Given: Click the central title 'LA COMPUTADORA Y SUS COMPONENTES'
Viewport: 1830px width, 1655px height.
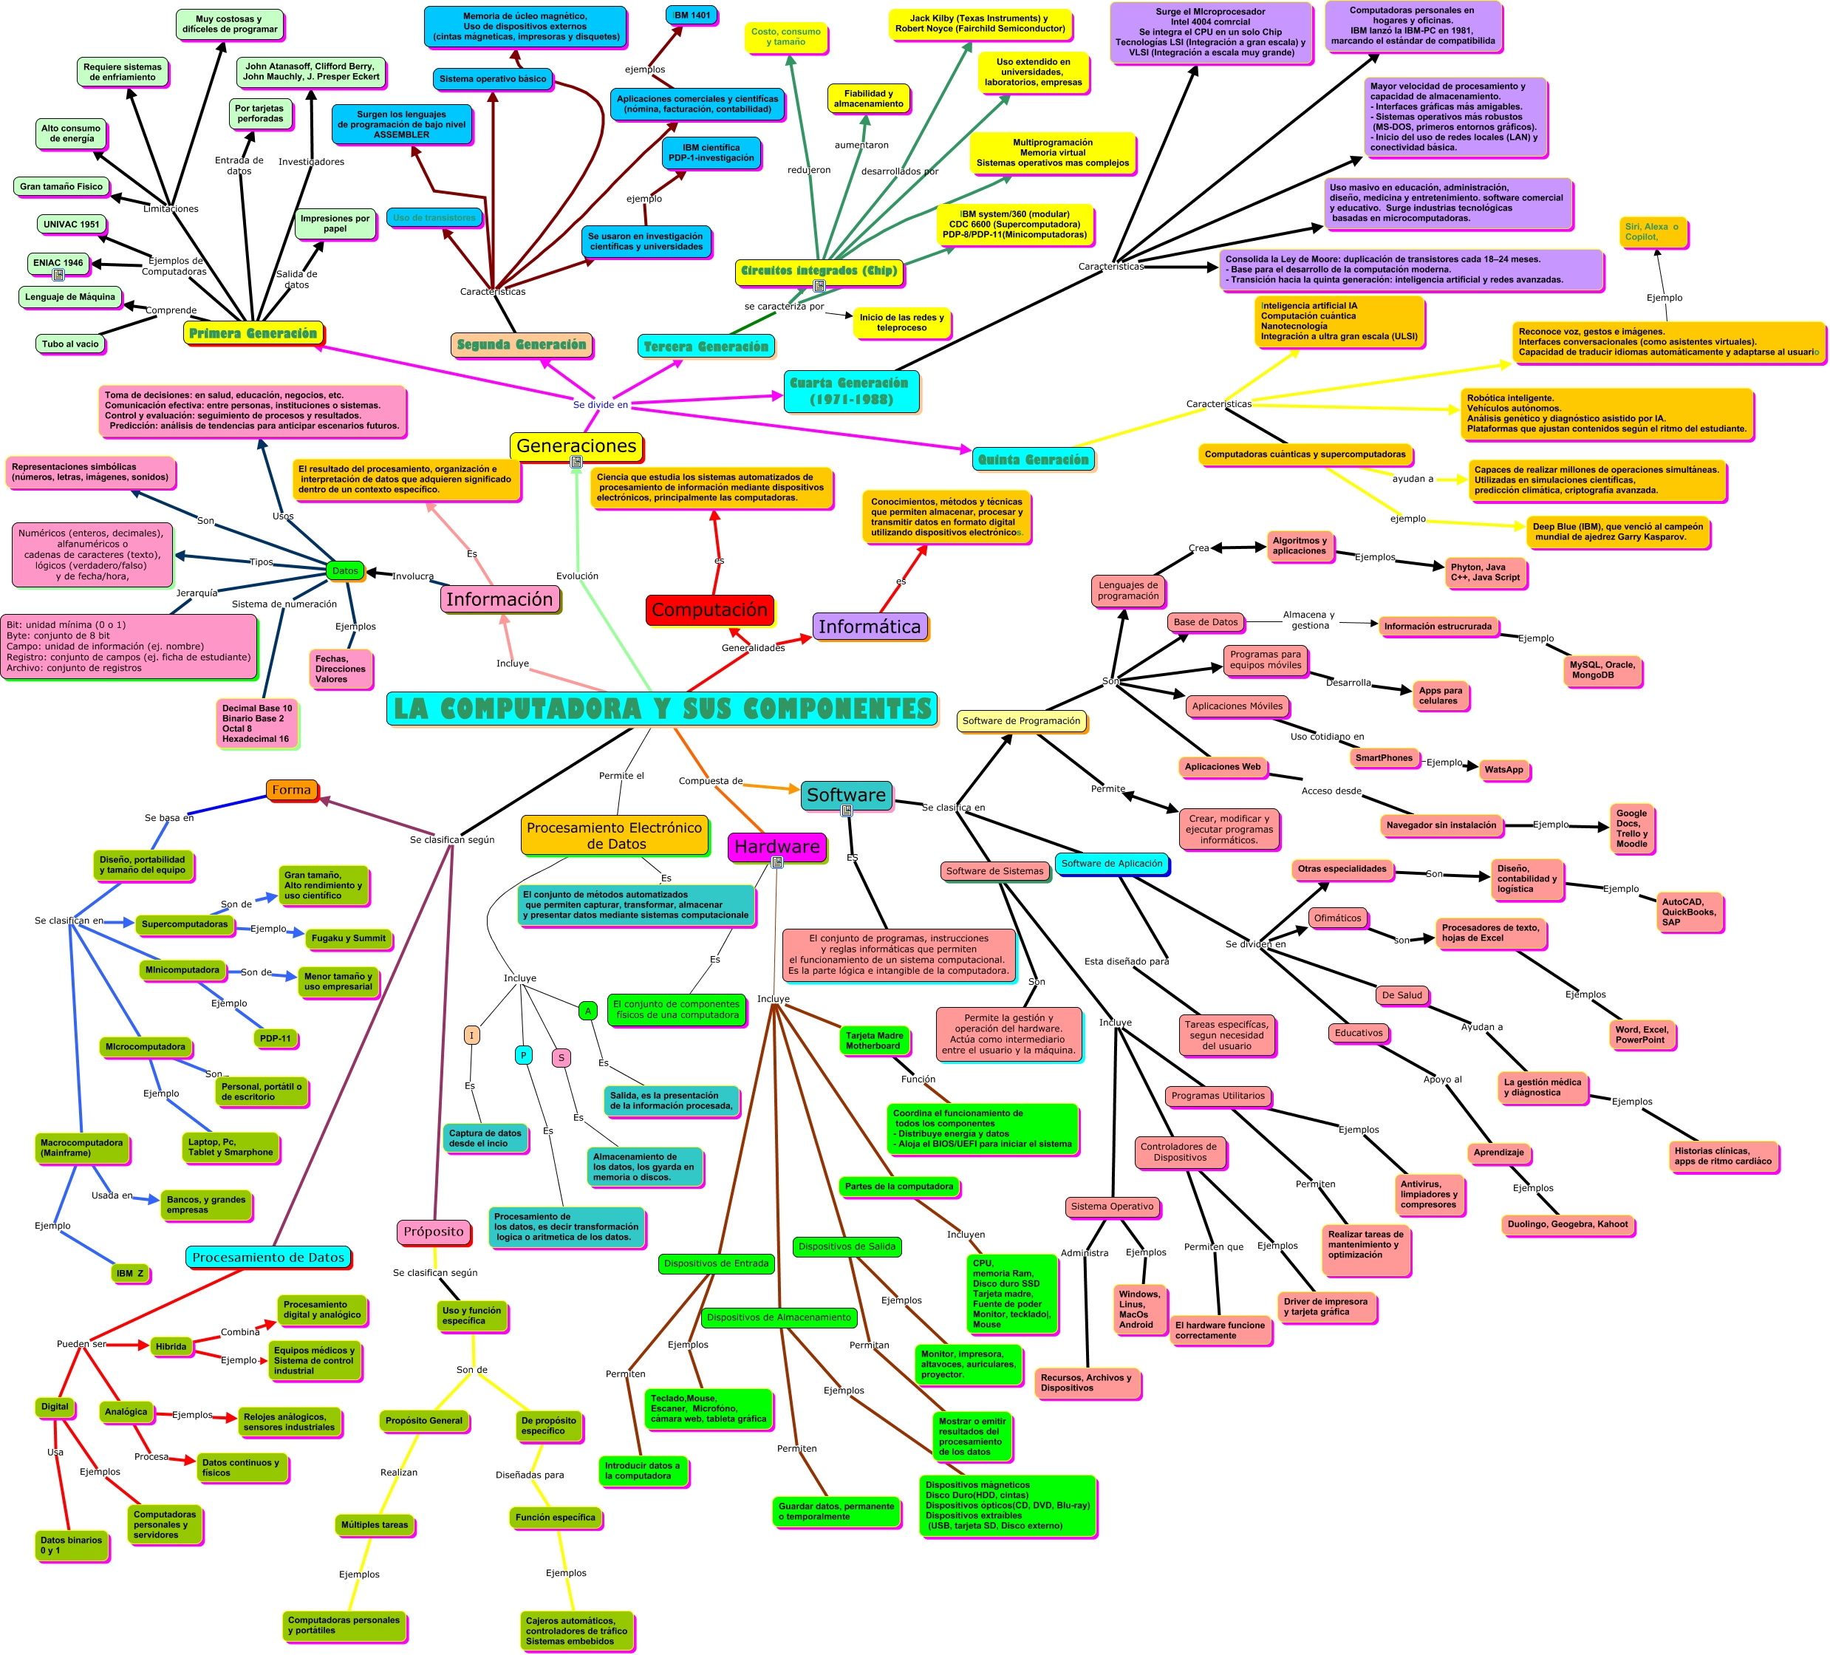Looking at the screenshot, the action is (662, 708).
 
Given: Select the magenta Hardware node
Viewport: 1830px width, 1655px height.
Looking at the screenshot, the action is (777, 846).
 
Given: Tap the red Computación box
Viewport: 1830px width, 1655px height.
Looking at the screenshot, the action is (710, 610).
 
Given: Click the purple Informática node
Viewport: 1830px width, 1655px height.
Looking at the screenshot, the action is (870, 627).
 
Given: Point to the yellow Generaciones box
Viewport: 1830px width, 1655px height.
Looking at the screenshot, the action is (576, 446).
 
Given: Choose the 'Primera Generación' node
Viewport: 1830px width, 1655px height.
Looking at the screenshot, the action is (253, 333).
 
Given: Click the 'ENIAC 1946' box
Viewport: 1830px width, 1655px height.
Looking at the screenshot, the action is (58, 263).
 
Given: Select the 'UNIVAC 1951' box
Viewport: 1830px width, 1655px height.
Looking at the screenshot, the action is (72, 224).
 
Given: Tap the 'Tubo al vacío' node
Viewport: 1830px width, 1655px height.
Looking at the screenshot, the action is (70, 343).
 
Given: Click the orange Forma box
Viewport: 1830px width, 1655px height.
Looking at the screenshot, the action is (291, 790).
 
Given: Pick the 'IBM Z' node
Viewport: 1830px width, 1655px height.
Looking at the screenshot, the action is (130, 1273).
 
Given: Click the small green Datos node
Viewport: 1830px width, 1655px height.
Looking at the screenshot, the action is (345, 570).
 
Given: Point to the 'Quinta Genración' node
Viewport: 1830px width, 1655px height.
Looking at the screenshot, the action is (1033, 460).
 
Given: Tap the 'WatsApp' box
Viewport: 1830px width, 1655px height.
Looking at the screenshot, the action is (1503, 769).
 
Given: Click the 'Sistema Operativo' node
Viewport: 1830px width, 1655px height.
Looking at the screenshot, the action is (1112, 1207).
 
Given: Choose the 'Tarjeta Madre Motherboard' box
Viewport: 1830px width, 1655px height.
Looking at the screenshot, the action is (873, 1040).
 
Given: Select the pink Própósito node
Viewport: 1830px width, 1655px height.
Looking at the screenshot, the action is (433, 1231).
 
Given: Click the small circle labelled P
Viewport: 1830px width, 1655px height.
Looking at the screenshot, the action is (523, 1055).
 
